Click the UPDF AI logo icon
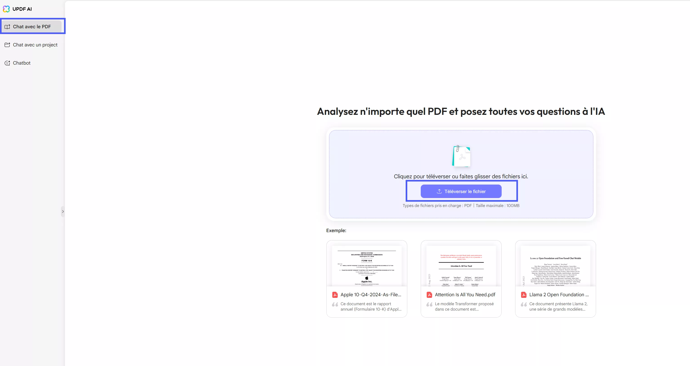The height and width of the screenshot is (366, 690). point(6,9)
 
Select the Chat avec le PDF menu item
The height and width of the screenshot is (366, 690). point(32,26)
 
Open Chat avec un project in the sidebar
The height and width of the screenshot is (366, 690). point(35,45)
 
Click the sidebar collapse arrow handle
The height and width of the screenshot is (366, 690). point(63,211)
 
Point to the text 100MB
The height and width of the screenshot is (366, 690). point(513,206)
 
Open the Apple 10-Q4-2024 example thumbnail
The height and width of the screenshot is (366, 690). point(366,266)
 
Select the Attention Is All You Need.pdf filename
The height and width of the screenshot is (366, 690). point(465,295)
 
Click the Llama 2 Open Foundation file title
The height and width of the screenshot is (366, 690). point(559,295)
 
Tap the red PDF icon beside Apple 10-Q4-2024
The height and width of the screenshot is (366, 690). point(335,295)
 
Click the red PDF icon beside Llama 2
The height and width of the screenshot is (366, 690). point(524,295)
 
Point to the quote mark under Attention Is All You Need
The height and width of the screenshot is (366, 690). point(429,304)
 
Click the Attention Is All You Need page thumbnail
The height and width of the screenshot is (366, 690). point(461,266)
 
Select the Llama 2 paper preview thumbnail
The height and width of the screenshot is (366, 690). point(555,266)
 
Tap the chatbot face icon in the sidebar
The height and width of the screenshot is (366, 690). point(7,63)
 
